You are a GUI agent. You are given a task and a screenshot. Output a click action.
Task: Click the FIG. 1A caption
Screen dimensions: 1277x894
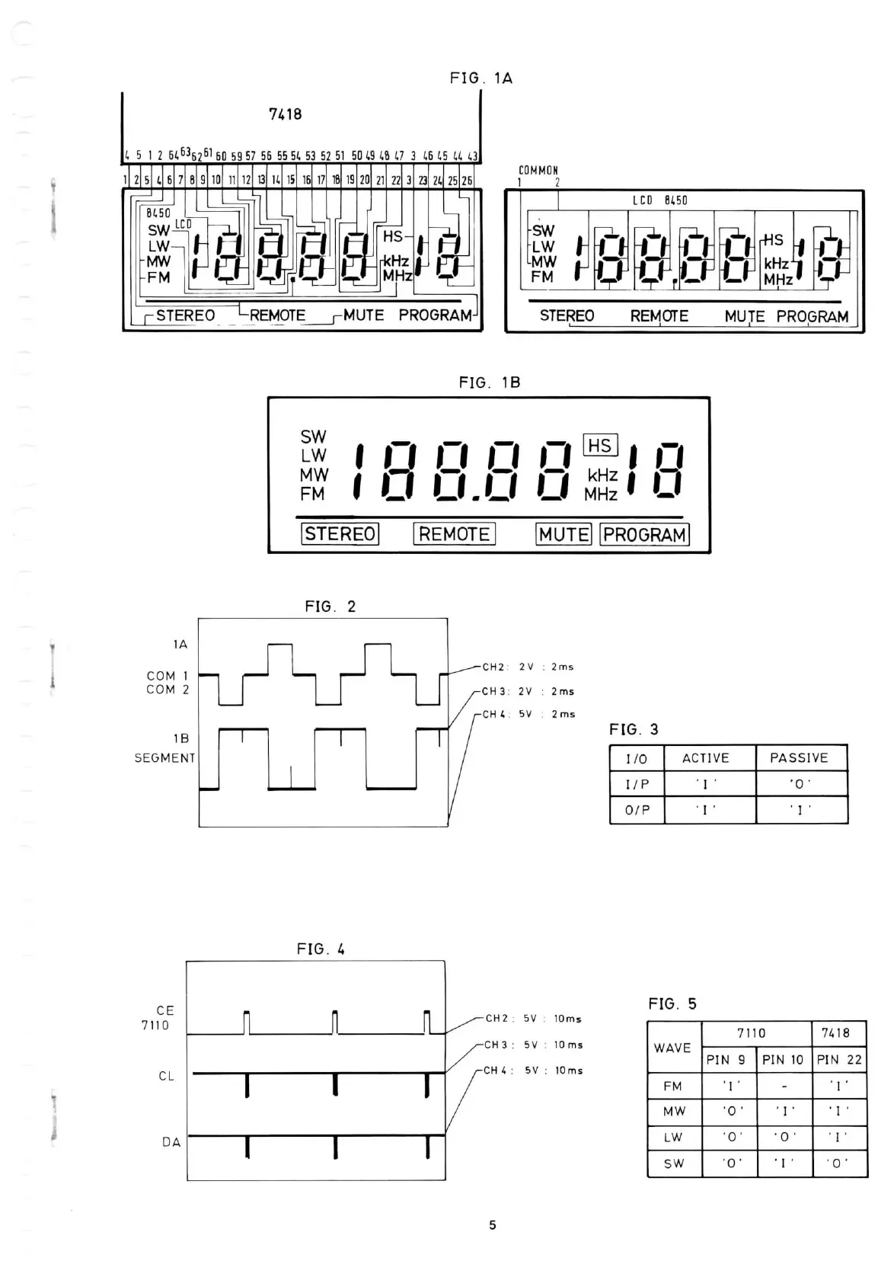[x=481, y=78]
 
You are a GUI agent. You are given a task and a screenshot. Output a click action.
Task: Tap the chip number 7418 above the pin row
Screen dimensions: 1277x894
[x=286, y=114]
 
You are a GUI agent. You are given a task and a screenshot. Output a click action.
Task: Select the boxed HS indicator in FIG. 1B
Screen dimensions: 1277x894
[x=600, y=446]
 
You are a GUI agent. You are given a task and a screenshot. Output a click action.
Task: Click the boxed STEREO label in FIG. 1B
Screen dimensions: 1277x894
[x=340, y=534]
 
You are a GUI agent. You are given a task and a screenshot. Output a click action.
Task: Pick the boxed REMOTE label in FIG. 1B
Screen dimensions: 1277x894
[x=454, y=534]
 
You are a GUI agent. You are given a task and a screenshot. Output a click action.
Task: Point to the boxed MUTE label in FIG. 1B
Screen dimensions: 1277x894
[x=564, y=535]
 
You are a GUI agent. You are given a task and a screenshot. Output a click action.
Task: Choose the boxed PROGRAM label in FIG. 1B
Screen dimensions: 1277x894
[x=644, y=535]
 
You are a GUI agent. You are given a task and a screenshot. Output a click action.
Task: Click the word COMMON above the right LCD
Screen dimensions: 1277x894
[x=538, y=171]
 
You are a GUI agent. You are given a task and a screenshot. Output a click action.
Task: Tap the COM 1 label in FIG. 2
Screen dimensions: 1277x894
[x=168, y=676]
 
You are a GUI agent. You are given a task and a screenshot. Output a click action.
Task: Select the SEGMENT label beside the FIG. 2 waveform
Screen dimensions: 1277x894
[x=164, y=758]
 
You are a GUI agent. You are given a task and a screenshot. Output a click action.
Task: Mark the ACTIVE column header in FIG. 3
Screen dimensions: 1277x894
[x=705, y=758]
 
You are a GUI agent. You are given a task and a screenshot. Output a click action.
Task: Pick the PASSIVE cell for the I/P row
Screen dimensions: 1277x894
[x=800, y=784]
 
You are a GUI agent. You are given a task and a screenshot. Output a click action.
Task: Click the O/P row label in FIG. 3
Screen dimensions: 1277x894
[x=637, y=810]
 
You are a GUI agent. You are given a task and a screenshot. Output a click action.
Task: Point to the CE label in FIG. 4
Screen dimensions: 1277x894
[x=165, y=1010]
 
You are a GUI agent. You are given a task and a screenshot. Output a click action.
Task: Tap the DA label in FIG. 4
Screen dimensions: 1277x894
[x=171, y=1142]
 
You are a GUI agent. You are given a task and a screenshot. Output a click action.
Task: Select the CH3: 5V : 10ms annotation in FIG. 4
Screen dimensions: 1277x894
[x=534, y=1045]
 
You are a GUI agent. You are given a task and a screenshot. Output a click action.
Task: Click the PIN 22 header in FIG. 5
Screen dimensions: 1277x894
[x=839, y=1059]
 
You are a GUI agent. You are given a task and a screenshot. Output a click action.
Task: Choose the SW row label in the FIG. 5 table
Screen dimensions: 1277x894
[x=674, y=1163]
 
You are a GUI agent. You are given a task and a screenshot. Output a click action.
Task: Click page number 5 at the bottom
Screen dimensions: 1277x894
[x=493, y=1225]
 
